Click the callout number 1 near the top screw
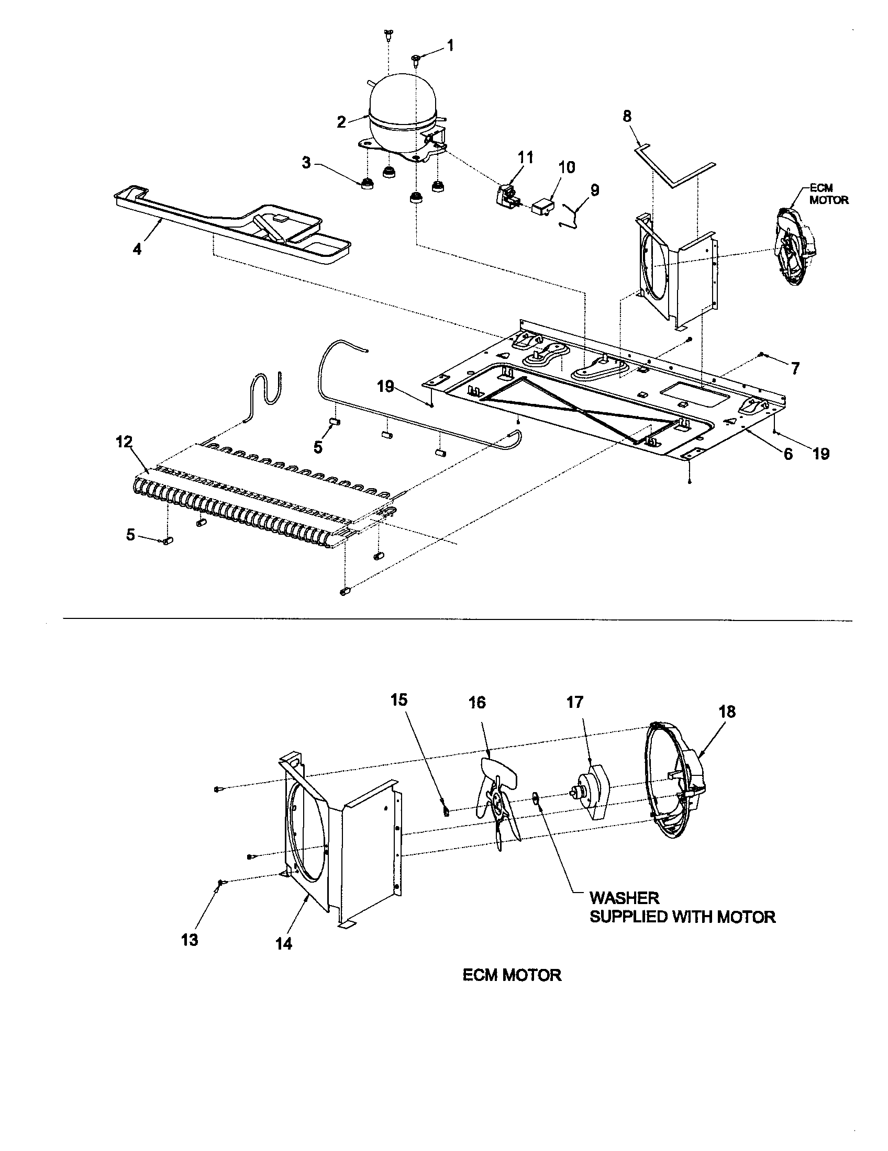[450, 46]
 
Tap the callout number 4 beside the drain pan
[137, 249]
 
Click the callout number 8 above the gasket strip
[627, 116]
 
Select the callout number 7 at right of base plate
[794, 368]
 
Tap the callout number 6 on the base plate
[788, 454]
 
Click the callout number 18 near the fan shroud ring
[727, 712]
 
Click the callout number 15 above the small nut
[398, 700]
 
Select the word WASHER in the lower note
[624, 897]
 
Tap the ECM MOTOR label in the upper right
[828, 195]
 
